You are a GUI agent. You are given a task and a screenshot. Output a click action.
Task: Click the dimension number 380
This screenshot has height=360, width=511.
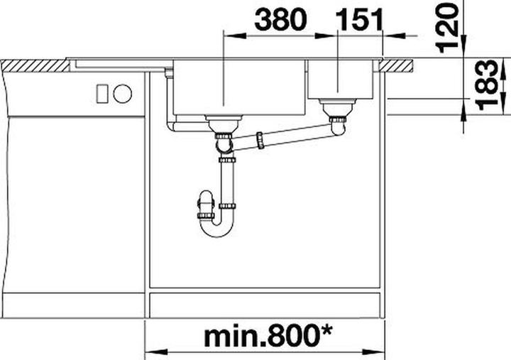pos(280,20)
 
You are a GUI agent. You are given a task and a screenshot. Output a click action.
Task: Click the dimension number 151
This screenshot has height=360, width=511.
pos(360,20)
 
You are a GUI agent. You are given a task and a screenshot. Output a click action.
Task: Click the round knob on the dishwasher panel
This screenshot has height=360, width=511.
pos(123,94)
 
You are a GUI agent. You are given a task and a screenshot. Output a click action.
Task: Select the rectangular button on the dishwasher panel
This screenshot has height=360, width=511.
pos(102,94)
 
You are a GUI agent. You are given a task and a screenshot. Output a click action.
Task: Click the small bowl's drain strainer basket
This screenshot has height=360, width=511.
pos(338,107)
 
